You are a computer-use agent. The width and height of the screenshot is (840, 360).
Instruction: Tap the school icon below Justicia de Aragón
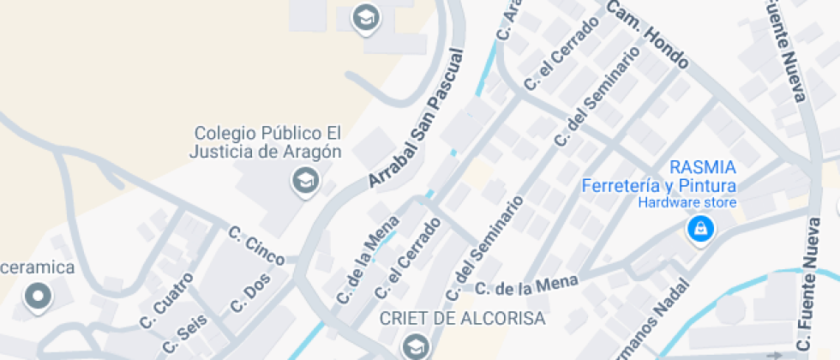pos(304,182)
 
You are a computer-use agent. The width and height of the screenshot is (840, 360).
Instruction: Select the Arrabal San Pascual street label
pos(416,119)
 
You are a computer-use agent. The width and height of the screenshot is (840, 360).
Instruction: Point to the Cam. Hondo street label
pos(648,34)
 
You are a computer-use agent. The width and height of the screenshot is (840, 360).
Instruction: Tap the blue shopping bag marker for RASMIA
pos(700,229)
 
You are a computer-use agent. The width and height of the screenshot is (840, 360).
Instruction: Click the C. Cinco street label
pos(256,245)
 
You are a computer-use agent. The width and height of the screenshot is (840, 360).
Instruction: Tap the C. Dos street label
pos(249,294)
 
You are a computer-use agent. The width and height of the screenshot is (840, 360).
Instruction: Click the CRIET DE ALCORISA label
pos(462,319)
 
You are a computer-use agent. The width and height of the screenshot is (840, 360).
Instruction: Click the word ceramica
pos(38,267)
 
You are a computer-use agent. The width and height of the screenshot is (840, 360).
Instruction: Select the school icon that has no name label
pos(367,17)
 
